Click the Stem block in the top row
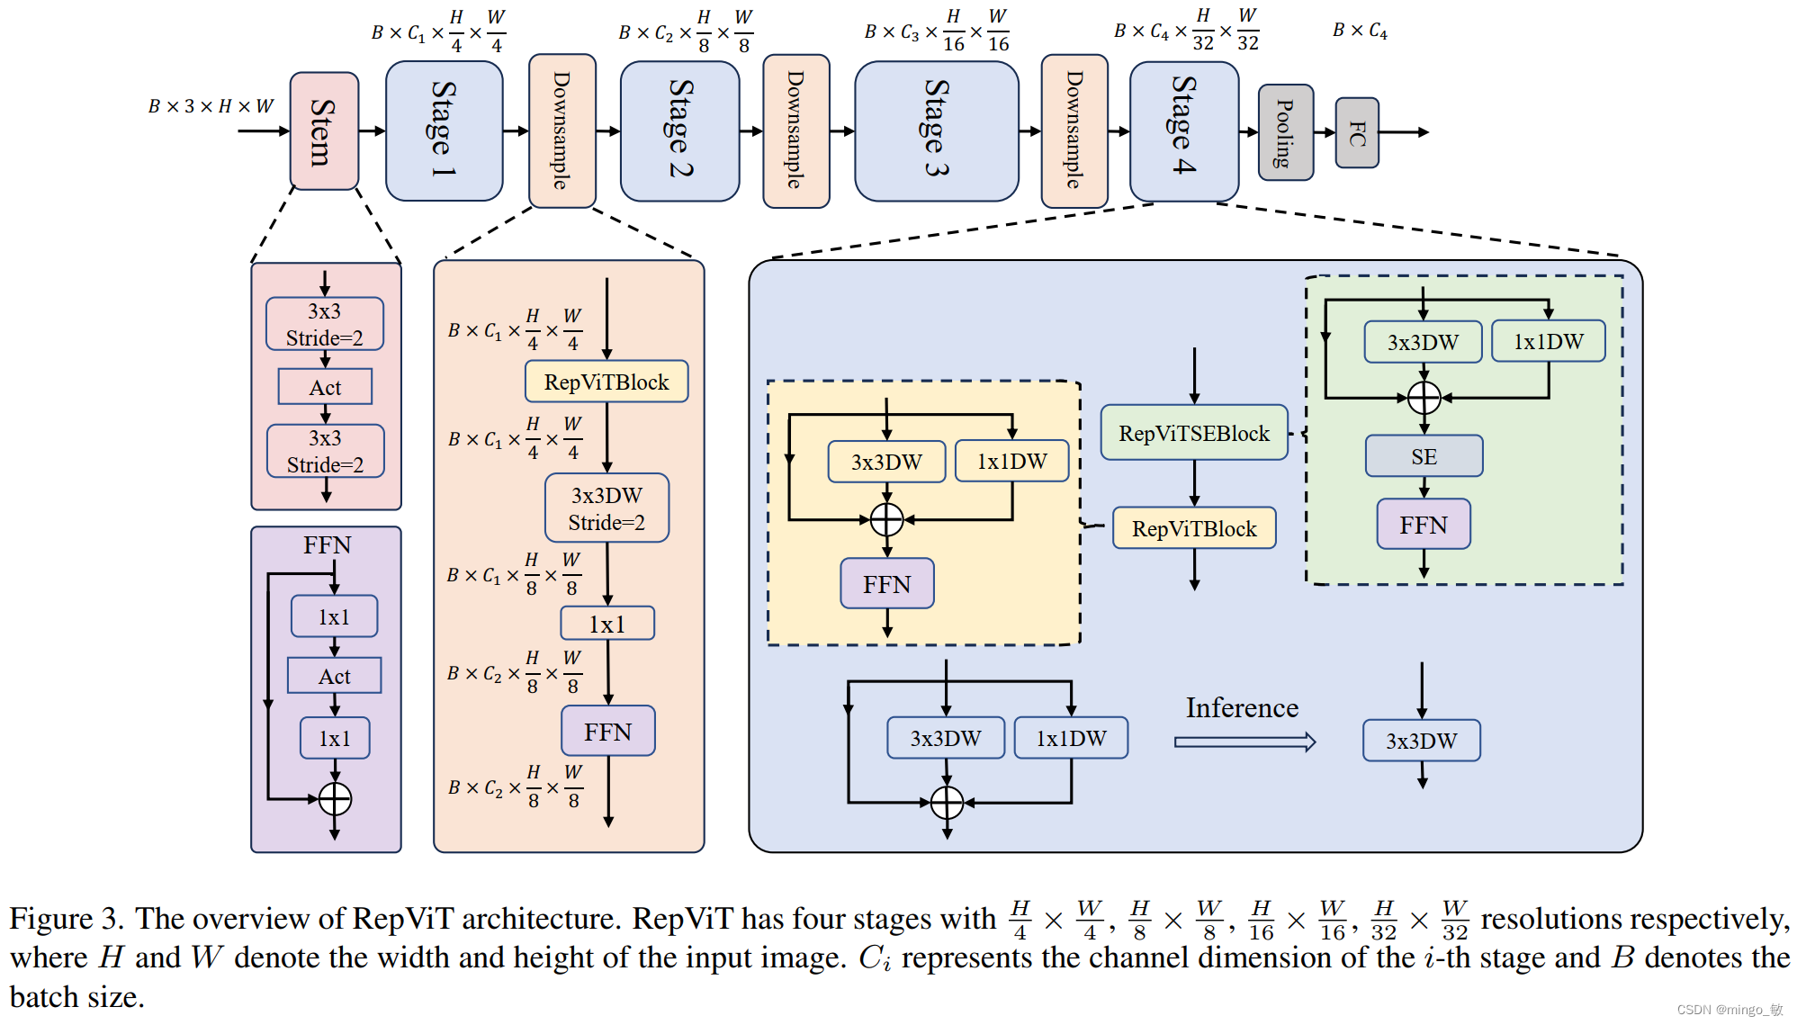point(324,131)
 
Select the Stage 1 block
point(444,131)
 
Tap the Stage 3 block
point(936,131)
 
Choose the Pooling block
point(1285,132)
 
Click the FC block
point(1357,133)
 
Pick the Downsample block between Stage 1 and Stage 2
point(562,131)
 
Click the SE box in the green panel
point(1424,456)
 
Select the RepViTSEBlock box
point(1194,433)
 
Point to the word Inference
point(1242,708)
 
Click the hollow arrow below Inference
point(1244,742)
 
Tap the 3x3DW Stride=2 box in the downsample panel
point(606,508)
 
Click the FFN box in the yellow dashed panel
point(887,584)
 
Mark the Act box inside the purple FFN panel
point(334,676)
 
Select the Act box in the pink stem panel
point(325,387)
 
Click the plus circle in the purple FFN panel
point(335,798)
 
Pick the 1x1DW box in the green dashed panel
point(1548,342)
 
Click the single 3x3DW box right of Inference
point(1421,741)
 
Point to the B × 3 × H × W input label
point(211,106)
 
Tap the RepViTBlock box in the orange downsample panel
point(606,382)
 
